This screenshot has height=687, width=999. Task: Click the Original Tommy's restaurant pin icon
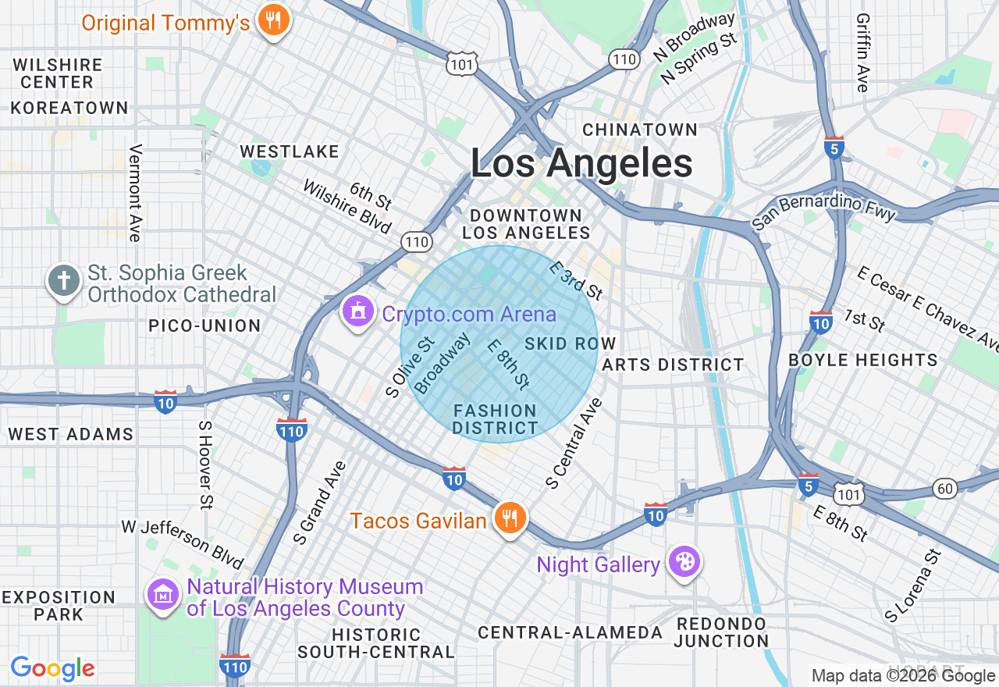[272, 21]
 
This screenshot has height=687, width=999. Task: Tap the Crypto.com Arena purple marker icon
[357, 311]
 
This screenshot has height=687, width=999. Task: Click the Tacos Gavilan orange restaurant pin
[510, 518]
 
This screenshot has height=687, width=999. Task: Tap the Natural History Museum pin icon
[163, 596]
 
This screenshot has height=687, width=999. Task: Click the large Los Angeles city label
[581, 164]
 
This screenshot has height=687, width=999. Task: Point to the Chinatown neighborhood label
[640, 130]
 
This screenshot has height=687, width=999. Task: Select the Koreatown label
[69, 108]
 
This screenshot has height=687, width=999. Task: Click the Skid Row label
[571, 343]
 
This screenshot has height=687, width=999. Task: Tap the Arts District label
[674, 365]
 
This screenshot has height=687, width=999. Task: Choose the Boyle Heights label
[863, 360]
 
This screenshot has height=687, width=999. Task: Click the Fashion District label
[495, 419]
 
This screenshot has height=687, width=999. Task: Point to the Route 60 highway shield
[945, 489]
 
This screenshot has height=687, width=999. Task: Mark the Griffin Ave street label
[862, 52]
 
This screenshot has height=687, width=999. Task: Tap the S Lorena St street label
[913, 586]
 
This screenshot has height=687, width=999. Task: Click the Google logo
[53, 668]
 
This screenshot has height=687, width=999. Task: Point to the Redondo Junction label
[721, 632]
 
